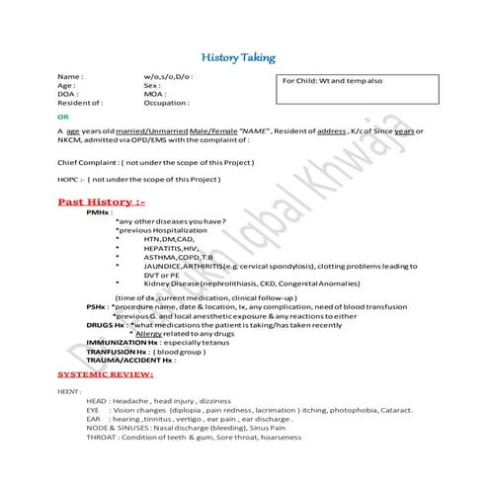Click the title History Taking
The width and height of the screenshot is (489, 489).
tap(245, 58)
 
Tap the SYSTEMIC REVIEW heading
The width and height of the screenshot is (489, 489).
tap(106, 376)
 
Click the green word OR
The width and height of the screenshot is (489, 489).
tap(63, 116)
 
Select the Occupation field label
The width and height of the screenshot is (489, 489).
tap(165, 103)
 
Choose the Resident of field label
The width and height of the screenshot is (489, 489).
tap(81, 103)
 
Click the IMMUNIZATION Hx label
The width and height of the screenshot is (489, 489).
tap(122, 342)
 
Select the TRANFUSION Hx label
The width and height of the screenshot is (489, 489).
tap(117, 351)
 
